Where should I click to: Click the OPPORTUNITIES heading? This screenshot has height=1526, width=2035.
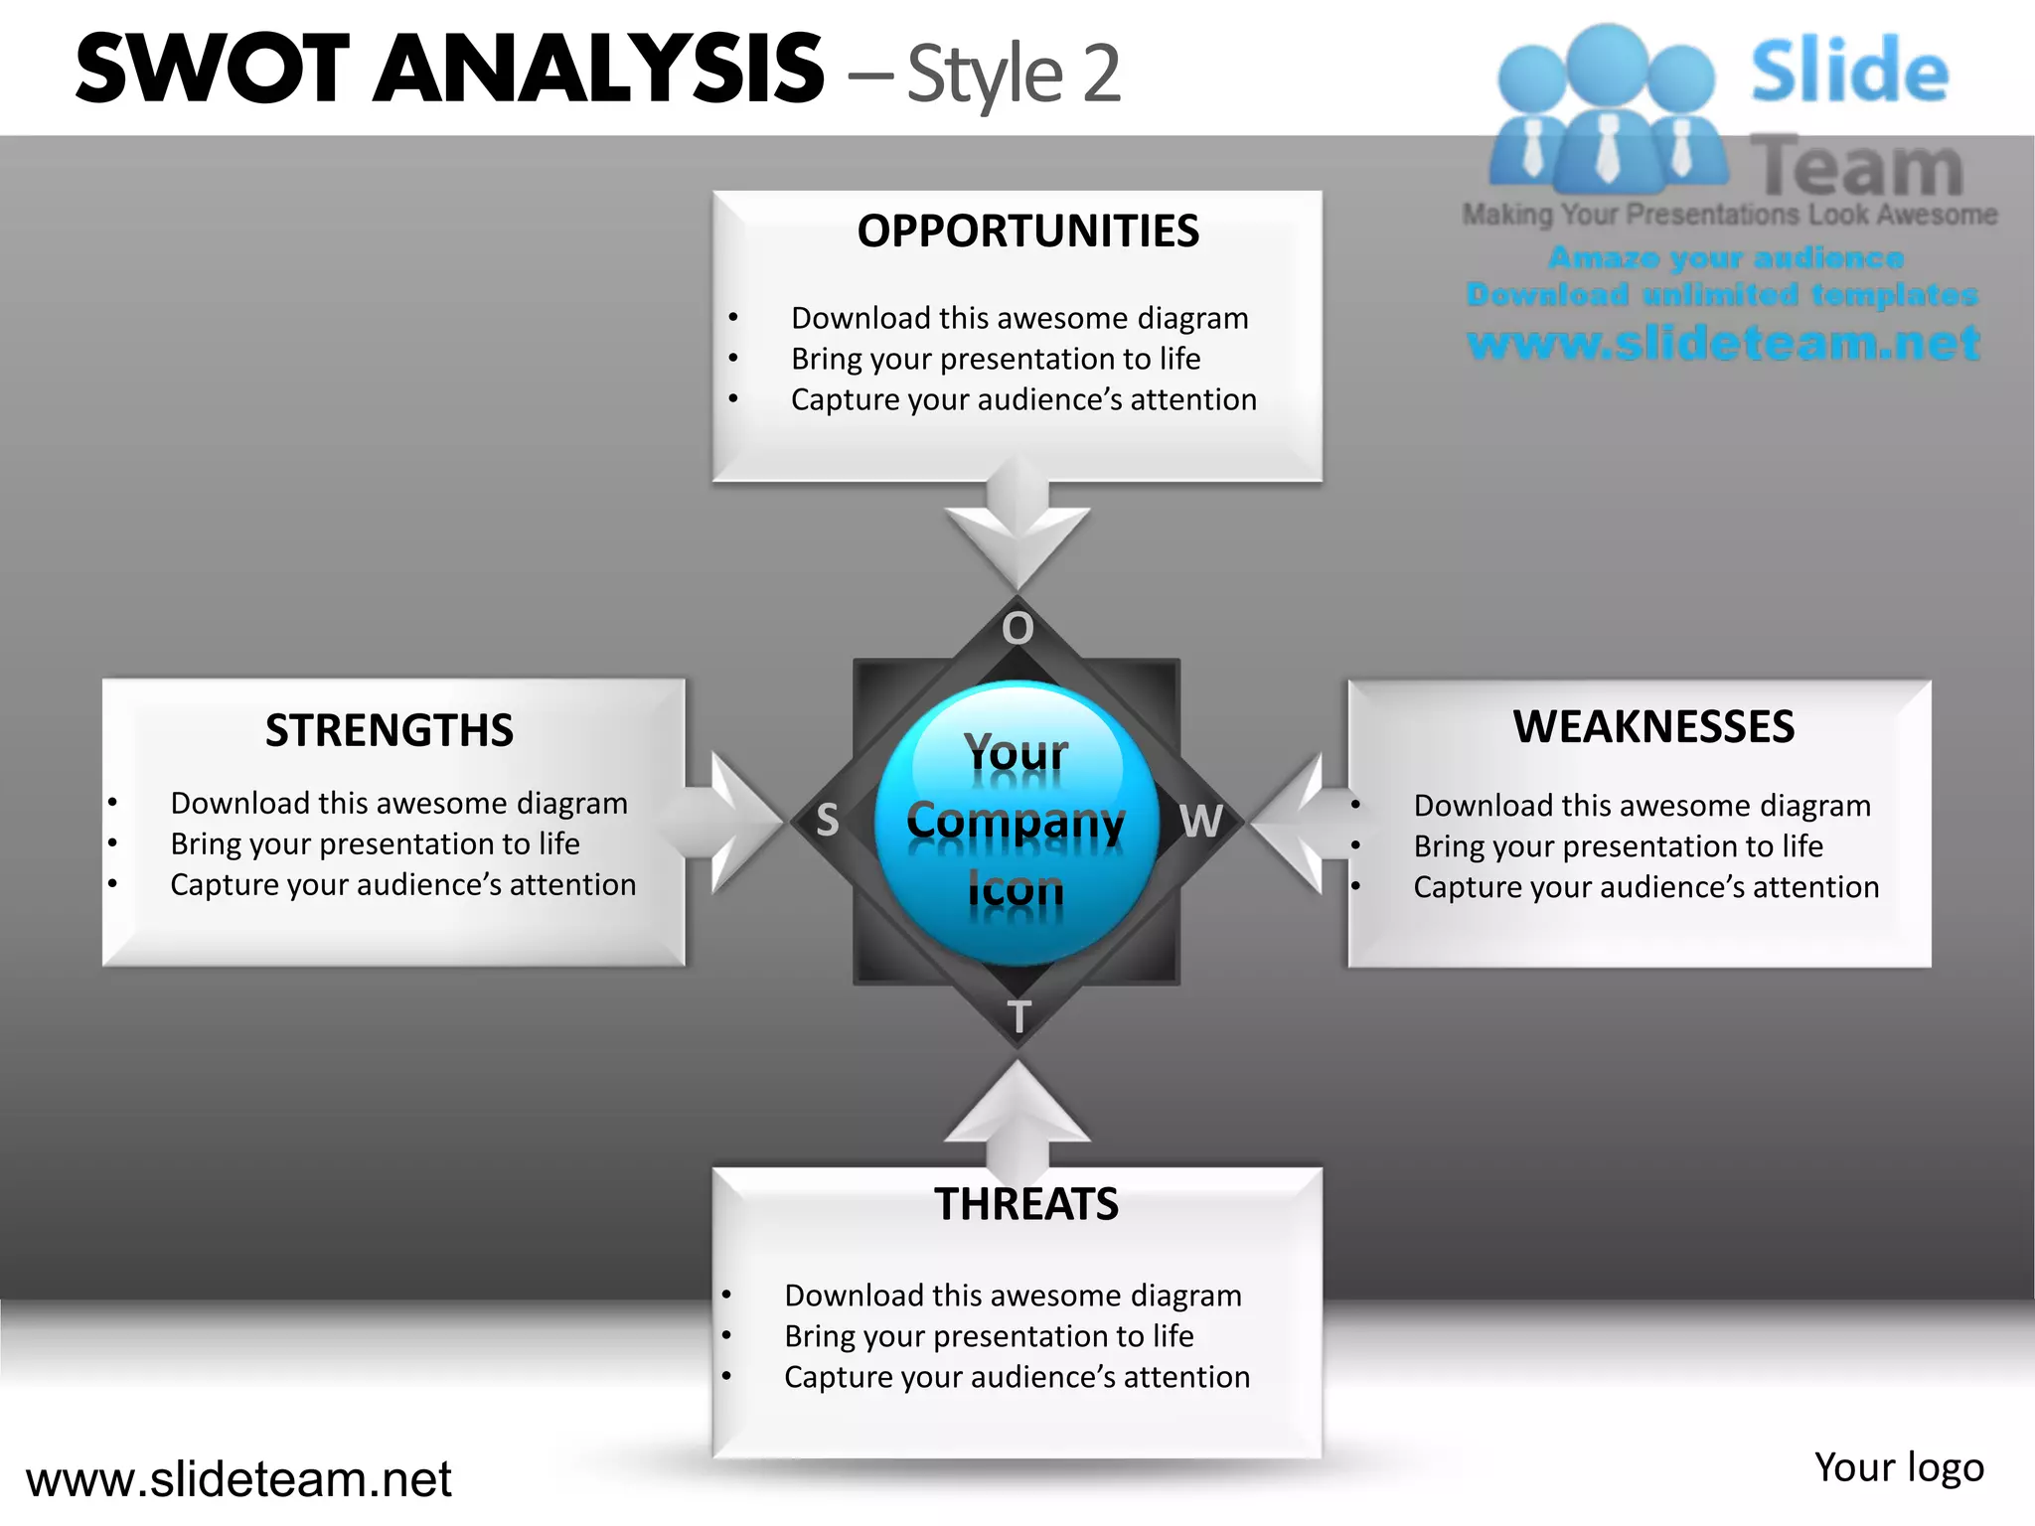[x=1027, y=231]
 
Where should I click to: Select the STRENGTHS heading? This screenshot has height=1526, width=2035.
[x=390, y=731]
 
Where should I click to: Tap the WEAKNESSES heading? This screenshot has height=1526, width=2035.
[x=1653, y=727]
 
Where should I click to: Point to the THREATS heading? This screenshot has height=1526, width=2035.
[x=1026, y=1205]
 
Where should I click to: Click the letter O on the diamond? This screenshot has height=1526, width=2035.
[x=1017, y=629]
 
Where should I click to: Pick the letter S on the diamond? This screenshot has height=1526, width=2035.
[x=828, y=821]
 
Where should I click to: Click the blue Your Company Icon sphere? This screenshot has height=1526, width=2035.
[x=1017, y=823]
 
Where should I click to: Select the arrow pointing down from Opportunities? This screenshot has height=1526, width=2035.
[x=1017, y=527]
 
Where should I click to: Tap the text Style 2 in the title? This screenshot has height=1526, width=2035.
[x=1014, y=75]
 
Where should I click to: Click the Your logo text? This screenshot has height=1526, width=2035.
[x=1899, y=1467]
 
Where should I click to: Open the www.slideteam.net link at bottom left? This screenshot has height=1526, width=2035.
[x=238, y=1479]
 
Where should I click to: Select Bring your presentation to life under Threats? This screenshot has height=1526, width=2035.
[x=989, y=1336]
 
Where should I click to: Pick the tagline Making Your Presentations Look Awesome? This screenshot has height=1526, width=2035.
[x=1729, y=215]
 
